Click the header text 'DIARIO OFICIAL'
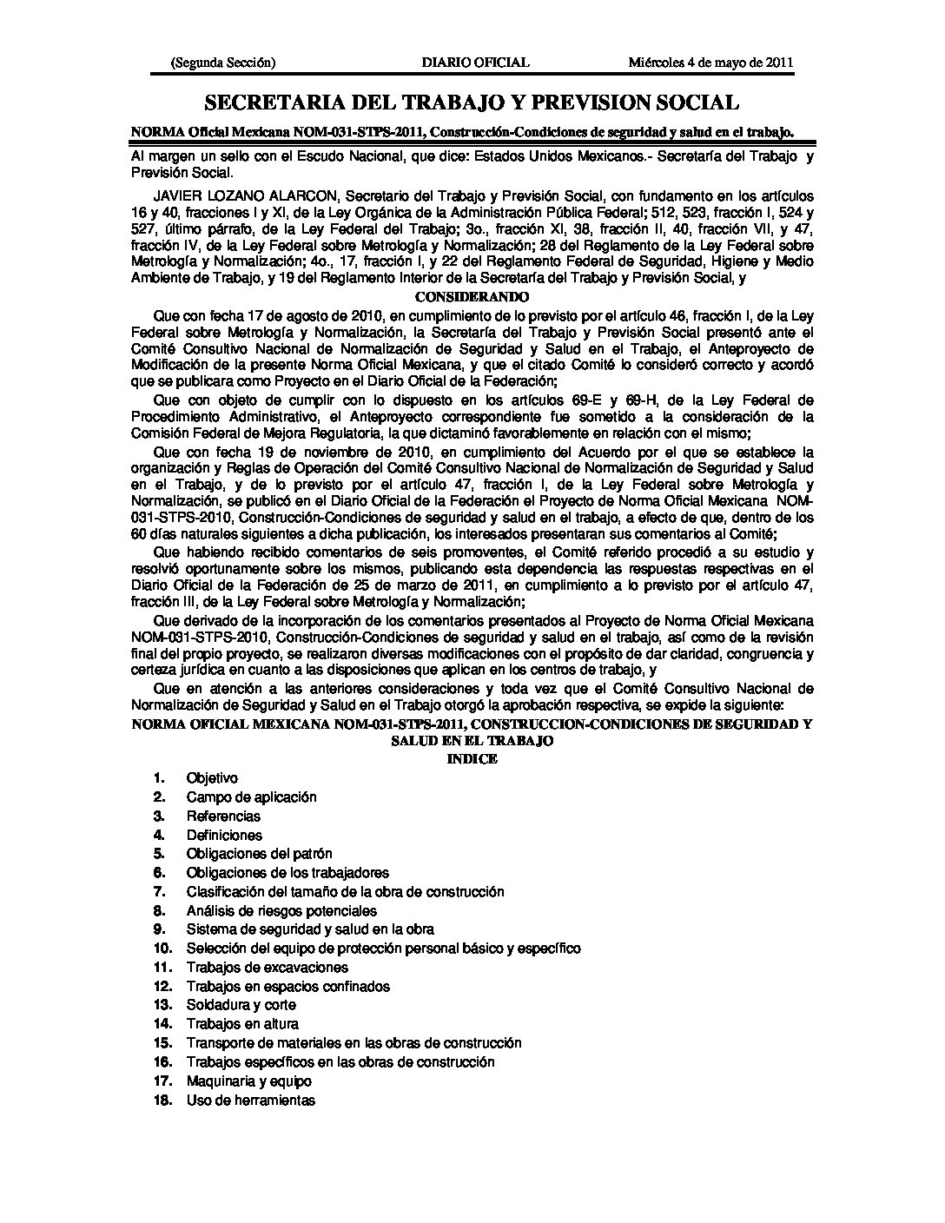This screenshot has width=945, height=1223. point(474,63)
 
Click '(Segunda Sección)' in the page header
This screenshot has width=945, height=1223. point(223,63)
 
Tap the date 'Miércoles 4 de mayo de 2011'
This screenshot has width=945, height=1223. point(710,63)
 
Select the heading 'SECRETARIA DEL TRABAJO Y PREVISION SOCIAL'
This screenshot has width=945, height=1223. point(472,103)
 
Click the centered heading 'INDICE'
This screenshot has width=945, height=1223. point(472,758)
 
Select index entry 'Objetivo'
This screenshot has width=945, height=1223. point(212,778)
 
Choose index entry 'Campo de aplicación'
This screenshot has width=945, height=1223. point(251,797)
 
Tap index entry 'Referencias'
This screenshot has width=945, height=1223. point(223,816)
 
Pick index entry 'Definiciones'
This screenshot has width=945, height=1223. point(224,836)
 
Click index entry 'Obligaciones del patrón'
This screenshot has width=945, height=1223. point(259,854)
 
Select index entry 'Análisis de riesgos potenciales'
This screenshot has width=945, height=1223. point(281,911)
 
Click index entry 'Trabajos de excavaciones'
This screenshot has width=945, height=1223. point(267,968)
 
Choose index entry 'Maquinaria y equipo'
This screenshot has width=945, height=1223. point(248,1081)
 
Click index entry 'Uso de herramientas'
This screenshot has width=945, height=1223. point(250,1101)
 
